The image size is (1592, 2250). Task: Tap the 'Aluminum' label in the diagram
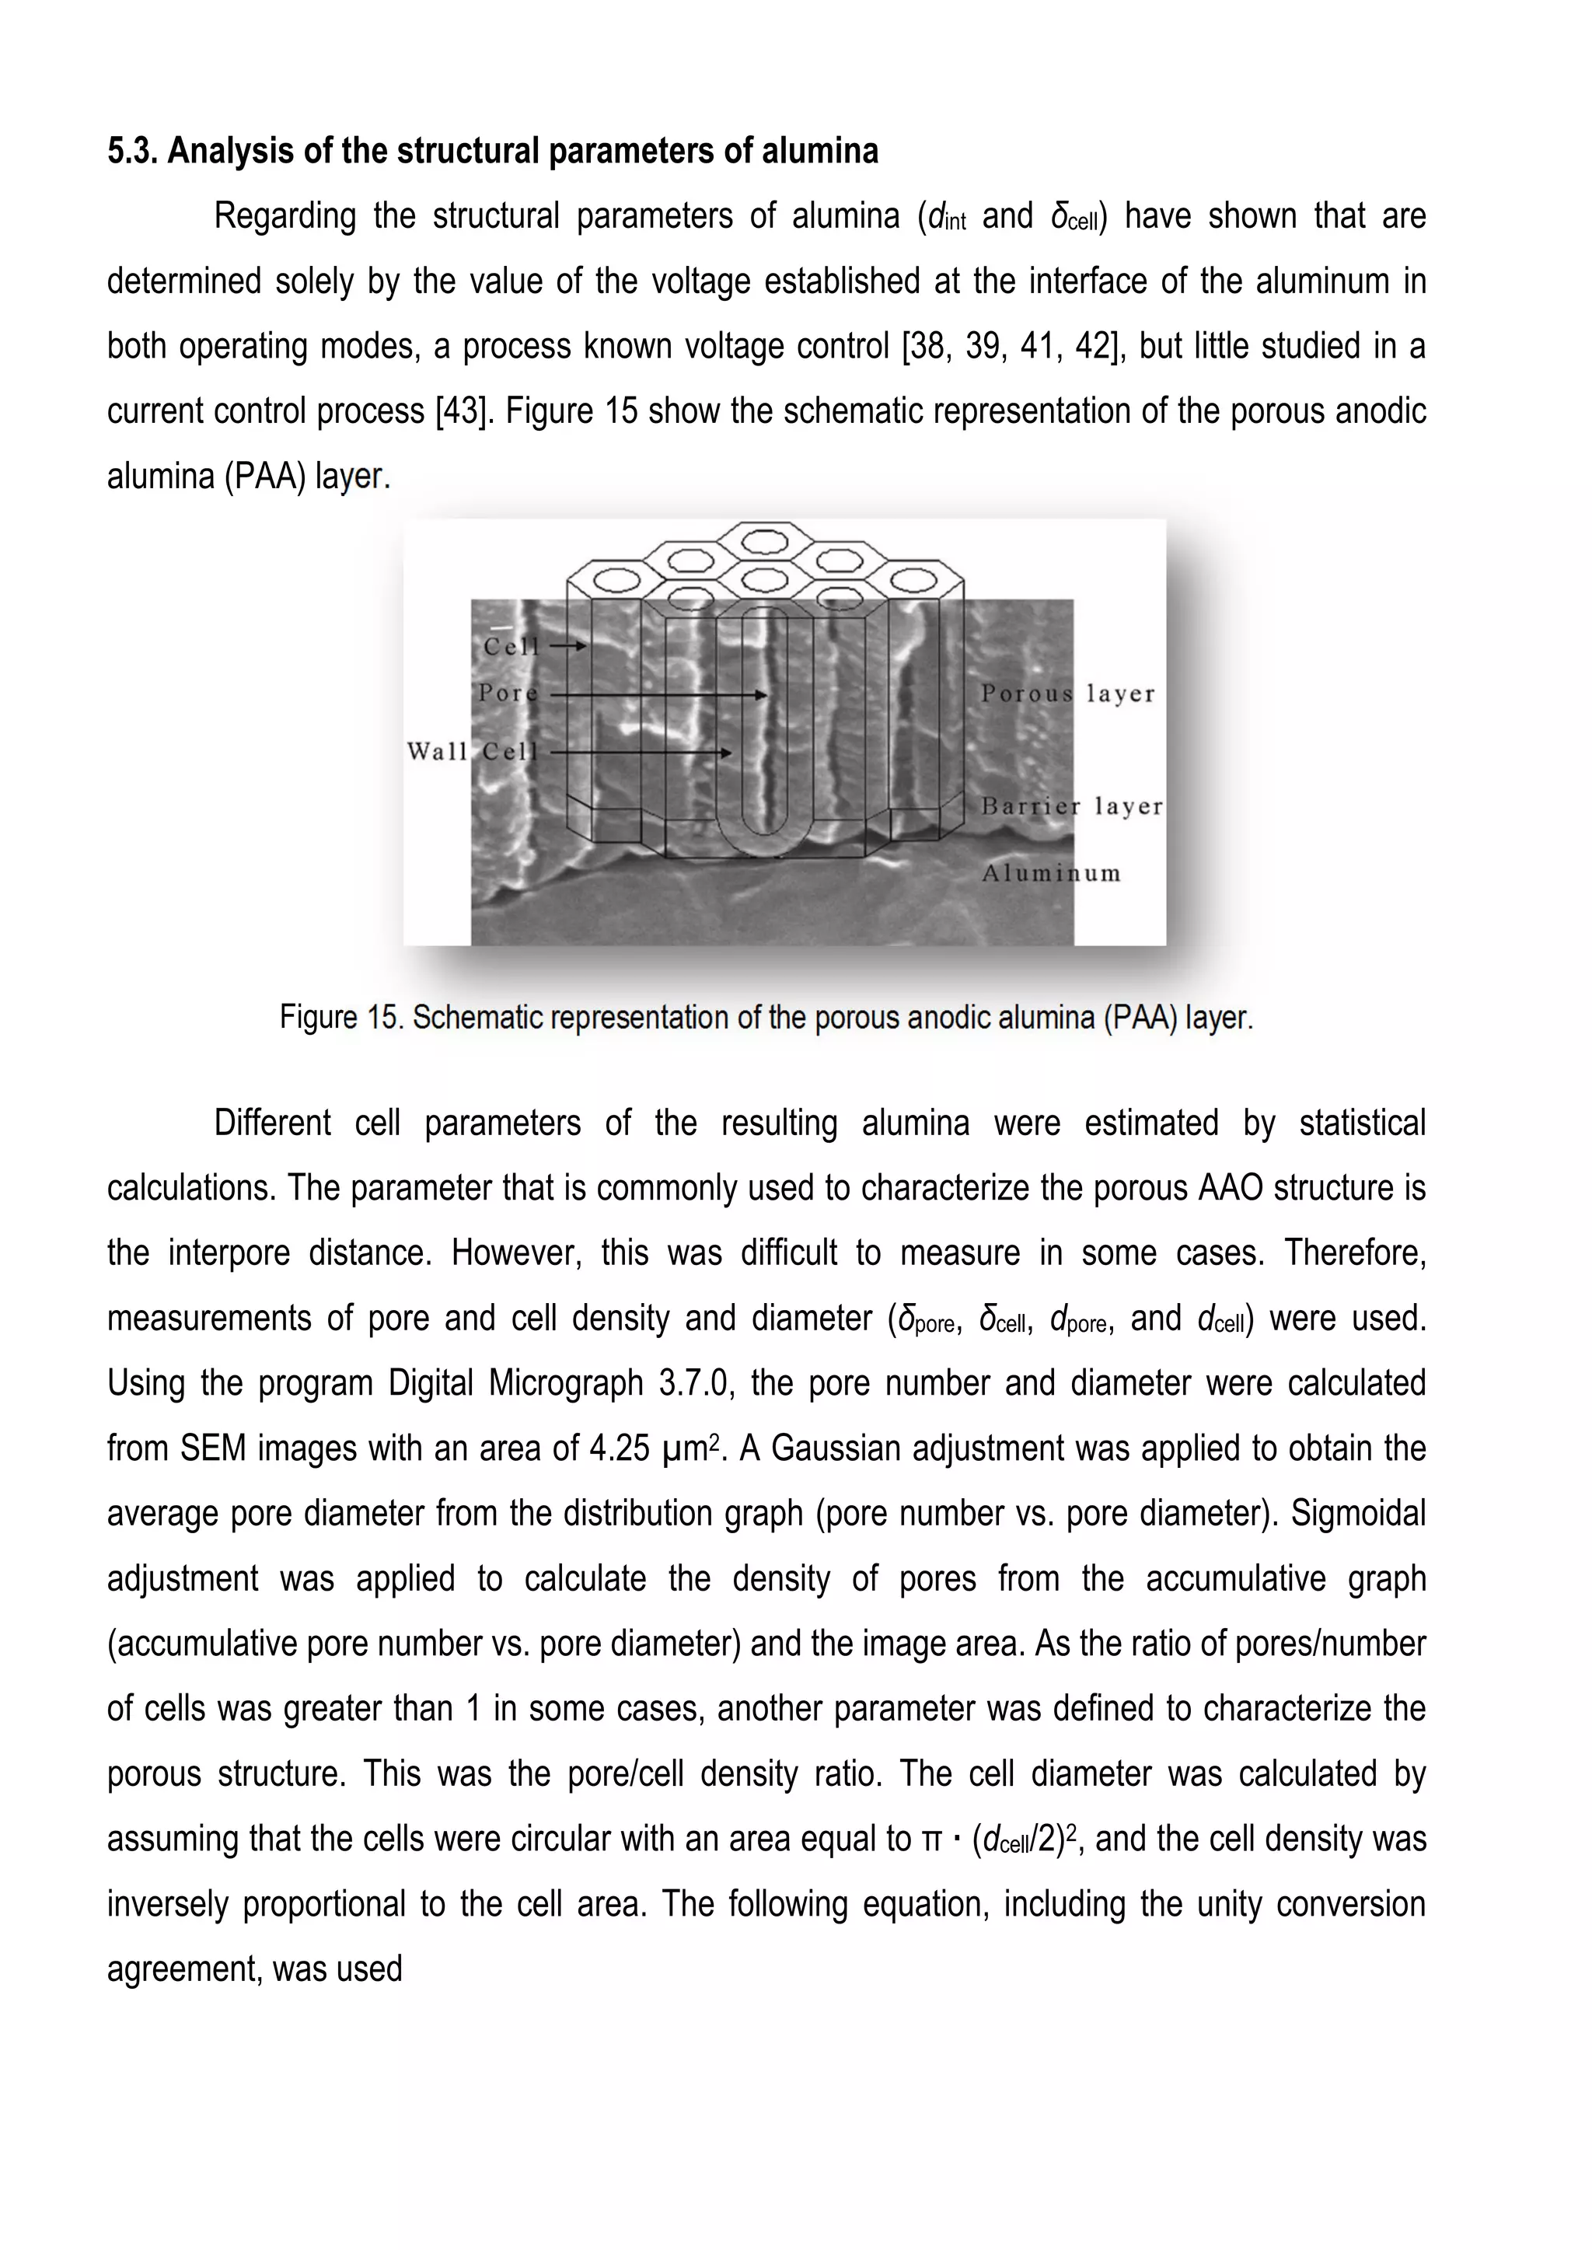pos(1051,874)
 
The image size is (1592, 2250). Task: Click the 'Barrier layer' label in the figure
pos(1071,807)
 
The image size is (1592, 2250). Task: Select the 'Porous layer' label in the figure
pos(1067,694)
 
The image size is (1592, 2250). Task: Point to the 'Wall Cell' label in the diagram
pos(473,752)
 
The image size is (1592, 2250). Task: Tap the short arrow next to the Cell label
pos(568,646)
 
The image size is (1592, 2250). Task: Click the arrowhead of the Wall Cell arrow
pos(725,753)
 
